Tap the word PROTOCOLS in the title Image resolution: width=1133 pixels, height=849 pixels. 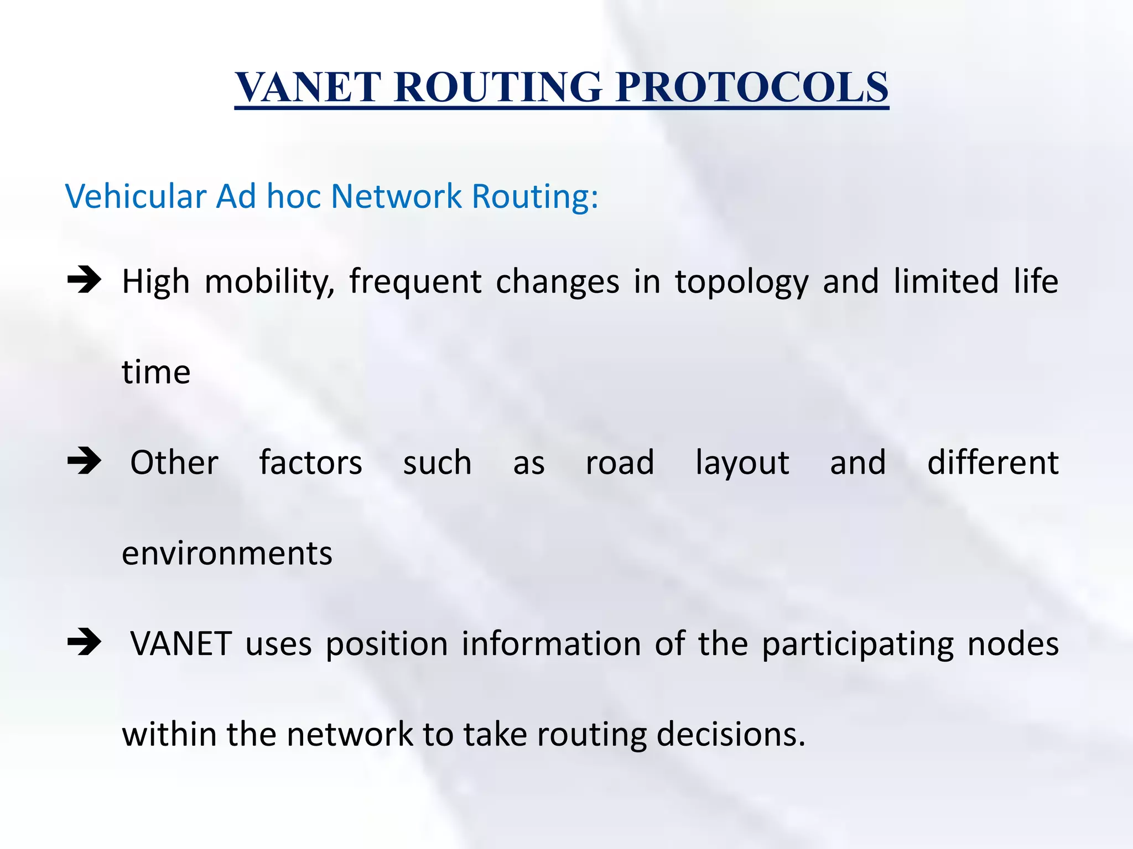click(x=752, y=87)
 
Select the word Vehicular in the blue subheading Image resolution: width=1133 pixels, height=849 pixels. click(x=136, y=196)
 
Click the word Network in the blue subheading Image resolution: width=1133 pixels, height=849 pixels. click(x=396, y=196)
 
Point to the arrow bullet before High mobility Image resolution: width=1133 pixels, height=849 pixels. click(x=84, y=280)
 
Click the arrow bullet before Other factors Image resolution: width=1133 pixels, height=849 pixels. click(x=84, y=461)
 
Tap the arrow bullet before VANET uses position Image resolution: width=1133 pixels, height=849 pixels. click(x=84, y=642)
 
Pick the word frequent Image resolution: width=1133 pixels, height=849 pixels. click(x=415, y=282)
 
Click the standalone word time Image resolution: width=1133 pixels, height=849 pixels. click(x=156, y=372)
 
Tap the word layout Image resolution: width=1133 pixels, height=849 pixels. click(x=742, y=463)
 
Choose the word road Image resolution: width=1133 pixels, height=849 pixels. click(x=620, y=463)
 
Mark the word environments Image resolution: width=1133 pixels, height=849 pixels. click(x=227, y=553)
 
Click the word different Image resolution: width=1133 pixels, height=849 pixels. click(x=992, y=463)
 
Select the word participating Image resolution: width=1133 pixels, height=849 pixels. click(x=857, y=645)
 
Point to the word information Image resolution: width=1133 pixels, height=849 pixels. click(x=551, y=644)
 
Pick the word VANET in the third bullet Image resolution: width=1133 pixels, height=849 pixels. click(x=181, y=644)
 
